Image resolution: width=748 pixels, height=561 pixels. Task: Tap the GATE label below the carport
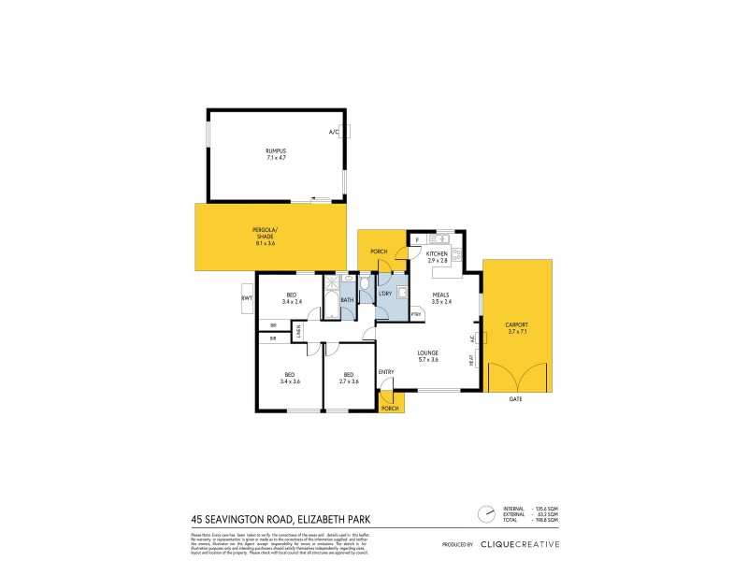click(515, 399)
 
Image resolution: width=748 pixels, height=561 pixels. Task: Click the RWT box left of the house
click(247, 298)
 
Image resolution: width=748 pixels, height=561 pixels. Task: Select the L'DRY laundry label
click(386, 295)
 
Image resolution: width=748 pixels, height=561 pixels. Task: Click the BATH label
click(346, 300)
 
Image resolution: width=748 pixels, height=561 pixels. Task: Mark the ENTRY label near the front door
click(385, 372)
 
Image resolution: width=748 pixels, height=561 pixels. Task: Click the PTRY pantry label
click(415, 314)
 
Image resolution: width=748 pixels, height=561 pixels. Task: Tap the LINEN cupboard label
click(299, 330)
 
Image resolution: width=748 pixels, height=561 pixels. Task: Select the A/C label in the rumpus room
click(333, 132)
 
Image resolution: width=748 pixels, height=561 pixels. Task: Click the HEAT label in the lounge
click(470, 358)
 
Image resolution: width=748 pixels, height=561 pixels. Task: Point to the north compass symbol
click(485, 514)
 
